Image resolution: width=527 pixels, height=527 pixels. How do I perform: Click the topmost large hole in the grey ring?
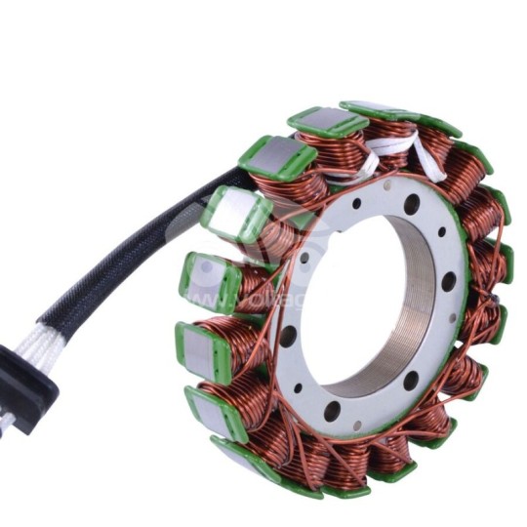coord(412,204)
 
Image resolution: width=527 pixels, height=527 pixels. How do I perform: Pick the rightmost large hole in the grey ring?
coord(448,282)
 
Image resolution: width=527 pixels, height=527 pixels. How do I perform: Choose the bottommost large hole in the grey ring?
coord(331,410)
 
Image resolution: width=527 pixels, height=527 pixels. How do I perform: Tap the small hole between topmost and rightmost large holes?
coord(441,233)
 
